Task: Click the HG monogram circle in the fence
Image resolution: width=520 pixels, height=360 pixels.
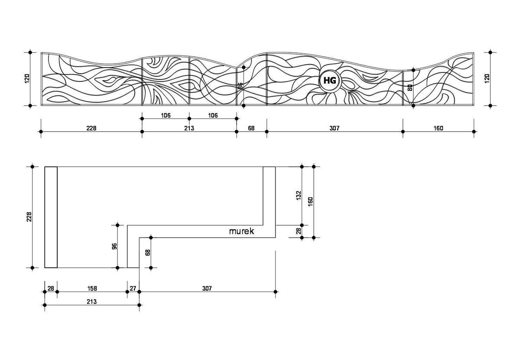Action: pyautogui.click(x=330, y=81)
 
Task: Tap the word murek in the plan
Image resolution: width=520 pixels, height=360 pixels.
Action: pyautogui.click(x=241, y=231)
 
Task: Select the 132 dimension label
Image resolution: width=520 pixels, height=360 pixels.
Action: pyautogui.click(x=298, y=196)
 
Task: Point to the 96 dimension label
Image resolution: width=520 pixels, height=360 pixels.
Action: pyautogui.click(x=114, y=246)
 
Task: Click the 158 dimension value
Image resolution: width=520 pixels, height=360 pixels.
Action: pyautogui.click(x=92, y=288)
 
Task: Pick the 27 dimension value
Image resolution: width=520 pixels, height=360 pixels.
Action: pyautogui.click(x=133, y=288)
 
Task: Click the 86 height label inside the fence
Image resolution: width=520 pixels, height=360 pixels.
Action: pyautogui.click(x=240, y=86)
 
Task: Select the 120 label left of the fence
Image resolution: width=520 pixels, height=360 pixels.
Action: pyautogui.click(x=27, y=78)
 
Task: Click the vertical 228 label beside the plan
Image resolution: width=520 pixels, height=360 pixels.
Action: pyautogui.click(x=29, y=217)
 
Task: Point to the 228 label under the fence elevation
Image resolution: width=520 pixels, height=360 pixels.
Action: pyautogui.click(x=91, y=128)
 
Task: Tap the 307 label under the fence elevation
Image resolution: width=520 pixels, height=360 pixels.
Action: pyautogui.click(x=334, y=128)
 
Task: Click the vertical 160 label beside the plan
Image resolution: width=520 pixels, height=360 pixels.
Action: pyautogui.click(x=310, y=202)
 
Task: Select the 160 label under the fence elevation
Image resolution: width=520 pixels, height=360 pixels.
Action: pyautogui.click(x=438, y=128)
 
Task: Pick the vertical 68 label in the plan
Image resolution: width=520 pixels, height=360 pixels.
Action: pyautogui.click(x=147, y=253)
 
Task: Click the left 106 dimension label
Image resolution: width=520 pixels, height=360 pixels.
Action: pyautogui.click(x=166, y=116)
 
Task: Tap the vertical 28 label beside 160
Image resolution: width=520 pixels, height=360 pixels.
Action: pyautogui.click(x=298, y=231)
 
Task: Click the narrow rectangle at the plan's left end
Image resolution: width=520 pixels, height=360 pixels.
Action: pyautogui.click(x=51, y=217)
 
